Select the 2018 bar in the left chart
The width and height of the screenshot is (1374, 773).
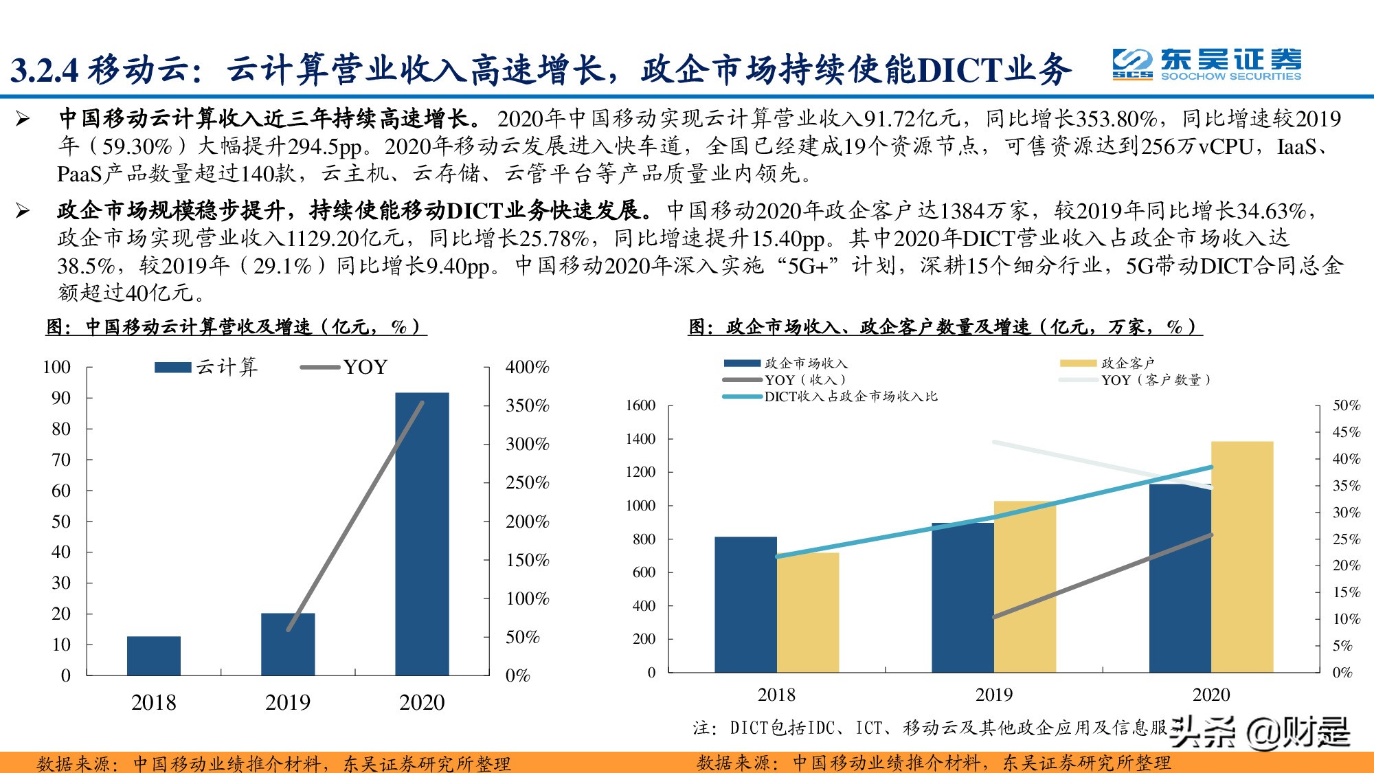154,656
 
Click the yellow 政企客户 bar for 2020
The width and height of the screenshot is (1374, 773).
1242,557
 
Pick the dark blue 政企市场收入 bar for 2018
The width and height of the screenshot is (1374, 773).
745,605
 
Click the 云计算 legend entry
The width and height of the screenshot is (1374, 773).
206,367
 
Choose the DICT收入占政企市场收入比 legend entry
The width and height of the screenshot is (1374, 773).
831,396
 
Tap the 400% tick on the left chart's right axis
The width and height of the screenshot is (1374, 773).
527,367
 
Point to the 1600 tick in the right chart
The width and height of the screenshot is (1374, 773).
640,405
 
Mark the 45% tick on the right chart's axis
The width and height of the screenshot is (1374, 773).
1346,432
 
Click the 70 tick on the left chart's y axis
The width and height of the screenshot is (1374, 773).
61,460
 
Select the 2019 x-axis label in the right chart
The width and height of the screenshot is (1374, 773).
993,695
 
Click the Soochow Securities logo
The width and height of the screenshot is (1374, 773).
1206,65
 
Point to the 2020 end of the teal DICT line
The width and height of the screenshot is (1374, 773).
1211,467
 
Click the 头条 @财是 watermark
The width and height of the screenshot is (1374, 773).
1260,732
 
